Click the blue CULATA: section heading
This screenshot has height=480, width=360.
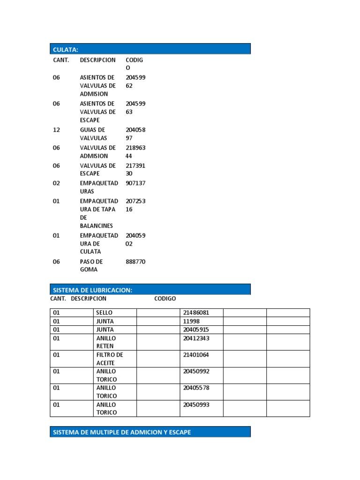(x=150, y=49)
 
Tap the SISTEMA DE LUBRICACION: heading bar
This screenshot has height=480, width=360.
(x=150, y=289)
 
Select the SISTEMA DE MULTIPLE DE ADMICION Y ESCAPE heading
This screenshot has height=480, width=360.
(x=150, y=432)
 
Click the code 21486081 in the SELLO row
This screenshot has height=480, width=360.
(x=196, y=313)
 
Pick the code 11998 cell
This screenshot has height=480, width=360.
(x=191, y=321)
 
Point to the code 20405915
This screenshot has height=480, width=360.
(x=196, y=330)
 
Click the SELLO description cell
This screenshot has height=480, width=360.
(x=104, y=313)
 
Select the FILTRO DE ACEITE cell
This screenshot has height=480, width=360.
(x=109, y=359)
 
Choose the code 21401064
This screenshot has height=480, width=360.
(x=196, y=355)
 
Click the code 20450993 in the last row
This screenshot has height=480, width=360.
(x=196, y=405)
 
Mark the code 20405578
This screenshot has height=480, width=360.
(x=196, y=388)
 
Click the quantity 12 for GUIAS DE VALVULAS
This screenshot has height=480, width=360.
(x=56, y=130)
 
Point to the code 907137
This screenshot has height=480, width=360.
(x=135, y=183)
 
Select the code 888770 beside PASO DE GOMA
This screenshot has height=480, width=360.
(x=135, y=262)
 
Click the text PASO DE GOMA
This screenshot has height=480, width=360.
(x=91, y=266)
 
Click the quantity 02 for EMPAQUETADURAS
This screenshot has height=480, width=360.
(x=56, y=183)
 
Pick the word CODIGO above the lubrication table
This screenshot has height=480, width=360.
(x=165, y=299)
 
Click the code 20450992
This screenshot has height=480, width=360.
(x=196, y=371)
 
